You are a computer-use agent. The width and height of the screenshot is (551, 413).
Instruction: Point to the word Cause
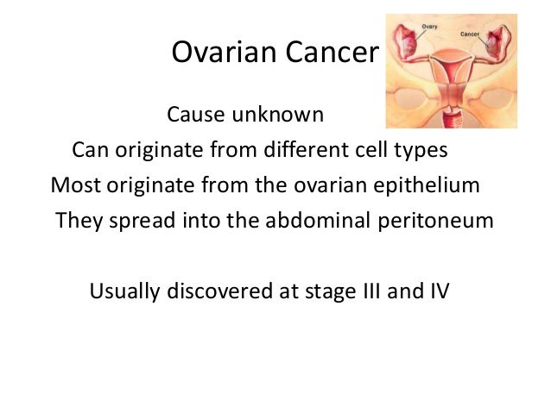tap(195, 115)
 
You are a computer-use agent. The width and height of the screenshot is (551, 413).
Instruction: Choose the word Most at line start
tap(74, 186)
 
